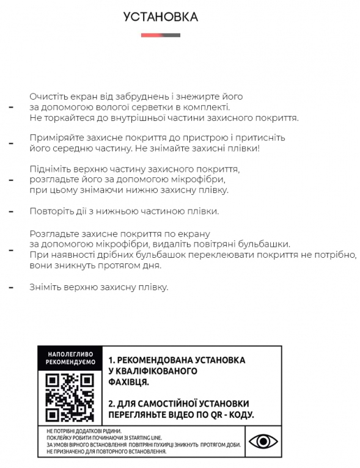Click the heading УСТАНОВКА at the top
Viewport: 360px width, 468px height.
click(x=161, y=17)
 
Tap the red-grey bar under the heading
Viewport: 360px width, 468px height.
click(x=161, y=35)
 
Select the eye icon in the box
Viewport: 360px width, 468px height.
click(x=263, y=441)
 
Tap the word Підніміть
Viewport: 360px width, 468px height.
click(x=50, y=169)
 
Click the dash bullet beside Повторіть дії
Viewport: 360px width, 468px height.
click(x=10, y=211)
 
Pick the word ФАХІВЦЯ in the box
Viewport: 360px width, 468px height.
click(x=128, y=382)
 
